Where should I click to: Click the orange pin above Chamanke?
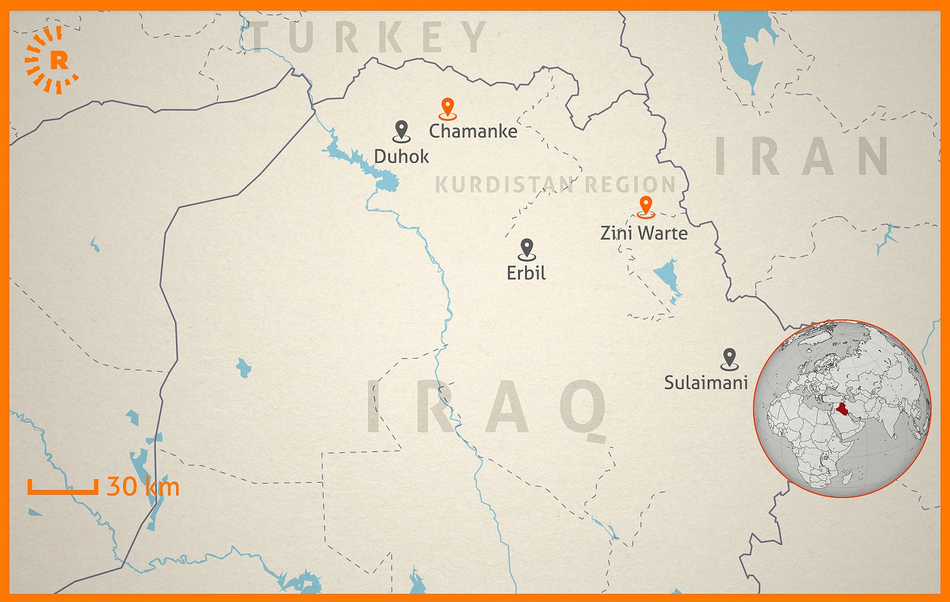pos(448,108)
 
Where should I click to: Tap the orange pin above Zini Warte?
pos(645,206)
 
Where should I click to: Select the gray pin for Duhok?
pos(402,130)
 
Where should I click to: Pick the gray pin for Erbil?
pos(526,248)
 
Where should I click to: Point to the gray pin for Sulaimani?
pos(730,358)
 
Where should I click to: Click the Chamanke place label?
pos(473,131)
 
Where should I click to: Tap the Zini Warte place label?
pos(644,233)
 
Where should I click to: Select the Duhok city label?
pos(402,157)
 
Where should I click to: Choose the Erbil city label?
pos(526,273)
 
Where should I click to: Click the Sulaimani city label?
pos(706,383)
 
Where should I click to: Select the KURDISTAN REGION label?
pos(555,185)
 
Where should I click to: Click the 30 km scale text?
pos(143,487)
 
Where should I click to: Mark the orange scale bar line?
pos(63,490)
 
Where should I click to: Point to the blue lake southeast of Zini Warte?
pos(667,276)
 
